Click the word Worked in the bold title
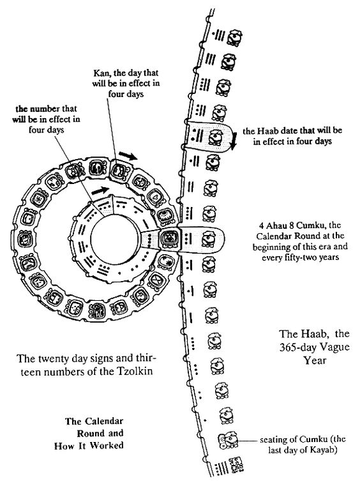coord(107,445)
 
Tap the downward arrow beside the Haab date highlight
coord(235,139)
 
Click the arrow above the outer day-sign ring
coord(128,155)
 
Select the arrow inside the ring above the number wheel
coord(100,190)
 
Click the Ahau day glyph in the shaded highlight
coord(169,238)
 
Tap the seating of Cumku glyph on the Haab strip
coord(229,441)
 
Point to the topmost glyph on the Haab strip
coord(234,37)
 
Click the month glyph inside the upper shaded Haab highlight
coord(216,137)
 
